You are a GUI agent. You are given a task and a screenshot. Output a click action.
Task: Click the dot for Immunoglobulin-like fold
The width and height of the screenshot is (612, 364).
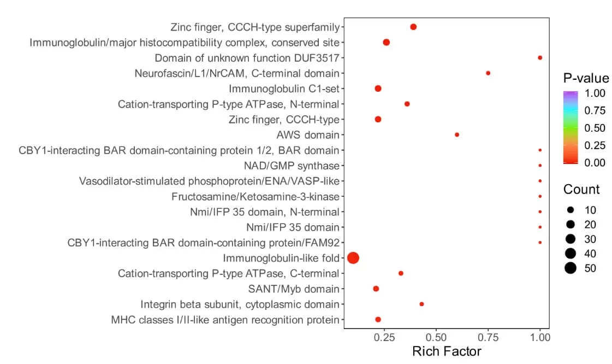[353, 258]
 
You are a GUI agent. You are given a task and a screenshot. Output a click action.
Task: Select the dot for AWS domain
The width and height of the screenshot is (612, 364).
[457, 134]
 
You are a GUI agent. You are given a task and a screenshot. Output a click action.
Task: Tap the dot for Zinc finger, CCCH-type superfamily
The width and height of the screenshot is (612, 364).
[413, 27]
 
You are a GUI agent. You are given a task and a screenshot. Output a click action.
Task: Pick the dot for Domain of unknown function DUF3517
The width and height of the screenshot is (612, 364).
[540, 57]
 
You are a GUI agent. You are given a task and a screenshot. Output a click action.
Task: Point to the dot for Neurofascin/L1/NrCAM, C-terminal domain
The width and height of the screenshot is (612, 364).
[488, 73]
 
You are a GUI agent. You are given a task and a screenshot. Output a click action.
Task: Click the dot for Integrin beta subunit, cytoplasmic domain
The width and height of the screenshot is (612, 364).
[421, 304]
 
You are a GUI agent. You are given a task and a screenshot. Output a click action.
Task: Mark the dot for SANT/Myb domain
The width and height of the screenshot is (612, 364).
[376, 289]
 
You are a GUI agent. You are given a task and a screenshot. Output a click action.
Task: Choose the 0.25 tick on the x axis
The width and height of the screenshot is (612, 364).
[384, 338]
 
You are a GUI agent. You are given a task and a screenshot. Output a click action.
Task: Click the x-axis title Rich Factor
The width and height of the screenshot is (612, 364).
[447, 351]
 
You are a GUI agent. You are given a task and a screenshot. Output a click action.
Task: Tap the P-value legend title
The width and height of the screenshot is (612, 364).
[586, 78]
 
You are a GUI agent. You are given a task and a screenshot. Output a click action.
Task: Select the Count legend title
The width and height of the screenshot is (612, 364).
[581, 190]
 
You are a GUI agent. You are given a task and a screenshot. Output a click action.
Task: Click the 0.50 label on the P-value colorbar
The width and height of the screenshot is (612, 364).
[592, 128]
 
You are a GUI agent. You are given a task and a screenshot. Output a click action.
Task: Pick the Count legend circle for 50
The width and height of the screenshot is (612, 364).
[571, 268]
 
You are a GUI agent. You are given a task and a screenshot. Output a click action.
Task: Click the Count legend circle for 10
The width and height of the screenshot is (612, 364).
[571, 210]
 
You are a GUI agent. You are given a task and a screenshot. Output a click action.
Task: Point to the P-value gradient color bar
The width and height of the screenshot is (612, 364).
[571, 128]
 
